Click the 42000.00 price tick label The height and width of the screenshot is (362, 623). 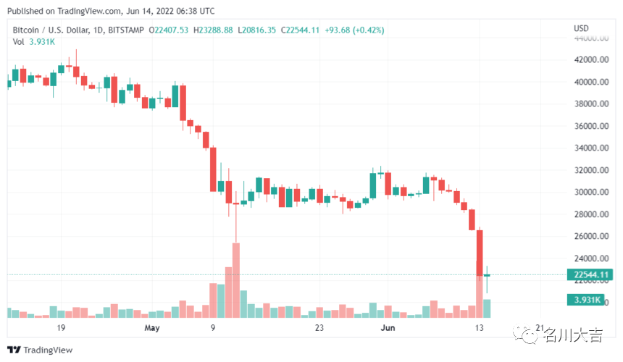click(x=591, y=59)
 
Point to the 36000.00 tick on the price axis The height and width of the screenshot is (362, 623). click(x=591, y=126)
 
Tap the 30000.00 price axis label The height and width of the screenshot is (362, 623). click(x=591, y=192)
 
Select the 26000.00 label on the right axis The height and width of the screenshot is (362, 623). click(x=591, y=237)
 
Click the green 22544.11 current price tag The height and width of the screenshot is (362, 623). click(x=591, y=275)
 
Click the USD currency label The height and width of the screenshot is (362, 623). click(x=581, y=28)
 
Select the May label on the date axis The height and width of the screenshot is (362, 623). click(x=151, y=328)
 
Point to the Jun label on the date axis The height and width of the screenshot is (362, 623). click(x=388, y=328)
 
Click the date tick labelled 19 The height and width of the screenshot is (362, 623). click(x=62, y=328)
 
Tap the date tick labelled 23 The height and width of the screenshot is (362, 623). click(x=319, y=328)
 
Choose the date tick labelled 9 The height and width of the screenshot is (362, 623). click(x=213, y=328)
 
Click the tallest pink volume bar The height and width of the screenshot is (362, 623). click(x=235, y=280)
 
